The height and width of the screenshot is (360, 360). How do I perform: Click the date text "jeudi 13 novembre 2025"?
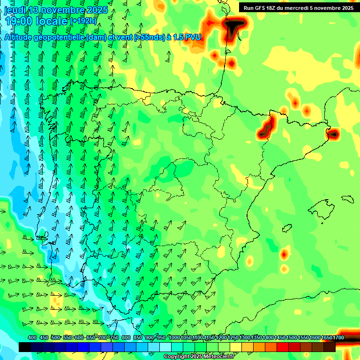(x=56, y=10)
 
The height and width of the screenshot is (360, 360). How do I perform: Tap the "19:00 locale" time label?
(x=36, y=21)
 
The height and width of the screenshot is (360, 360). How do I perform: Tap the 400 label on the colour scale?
(x=32, y=337)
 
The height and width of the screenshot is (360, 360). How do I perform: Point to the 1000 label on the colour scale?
(x=174, y=337)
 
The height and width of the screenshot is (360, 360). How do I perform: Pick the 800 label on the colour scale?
(x=126, y=337)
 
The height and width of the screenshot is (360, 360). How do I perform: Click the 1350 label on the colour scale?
(x=256, y=337)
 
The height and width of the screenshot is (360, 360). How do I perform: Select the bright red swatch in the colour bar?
(x=282, y=347)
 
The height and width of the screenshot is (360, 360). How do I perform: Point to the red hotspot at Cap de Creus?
(x=333, y=135)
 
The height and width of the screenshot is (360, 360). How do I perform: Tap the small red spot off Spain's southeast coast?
(x=284, y=255)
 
